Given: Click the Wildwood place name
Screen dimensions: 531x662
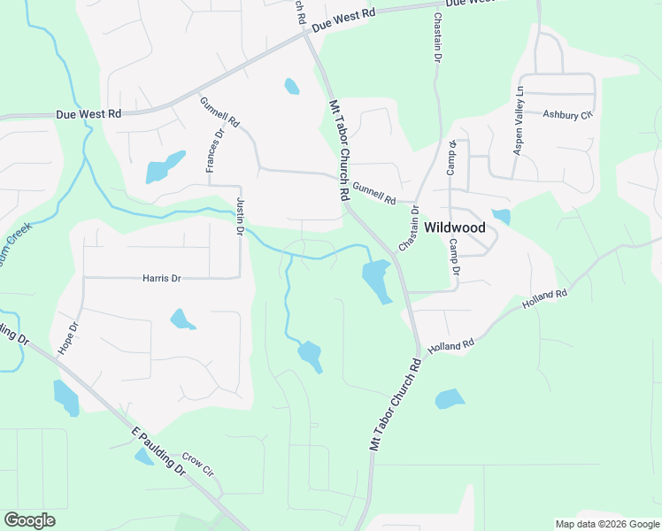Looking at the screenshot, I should click(455, 227).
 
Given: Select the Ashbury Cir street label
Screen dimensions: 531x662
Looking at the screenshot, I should click(566, 114).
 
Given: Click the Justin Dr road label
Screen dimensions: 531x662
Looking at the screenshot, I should click(240, 217).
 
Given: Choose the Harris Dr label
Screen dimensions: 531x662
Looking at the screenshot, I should click(161, 278).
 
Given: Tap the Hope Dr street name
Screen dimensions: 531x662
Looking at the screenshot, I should click(68, 338).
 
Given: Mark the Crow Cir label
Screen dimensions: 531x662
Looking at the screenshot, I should click(197, 464).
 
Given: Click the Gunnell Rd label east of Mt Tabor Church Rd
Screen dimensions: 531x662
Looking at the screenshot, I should click(373, 191).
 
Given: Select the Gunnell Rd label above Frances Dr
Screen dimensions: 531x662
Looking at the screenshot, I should click(219, 112).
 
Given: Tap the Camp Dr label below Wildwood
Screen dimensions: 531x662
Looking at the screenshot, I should click(455, 256).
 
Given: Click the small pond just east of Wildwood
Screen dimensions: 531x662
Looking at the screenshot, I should click(501, 217).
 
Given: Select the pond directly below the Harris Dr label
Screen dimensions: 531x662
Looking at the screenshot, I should click(182, 319).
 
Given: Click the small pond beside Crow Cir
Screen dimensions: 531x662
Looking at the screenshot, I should click(143, 457).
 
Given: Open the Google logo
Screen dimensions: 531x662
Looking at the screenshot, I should click(29, 520).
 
